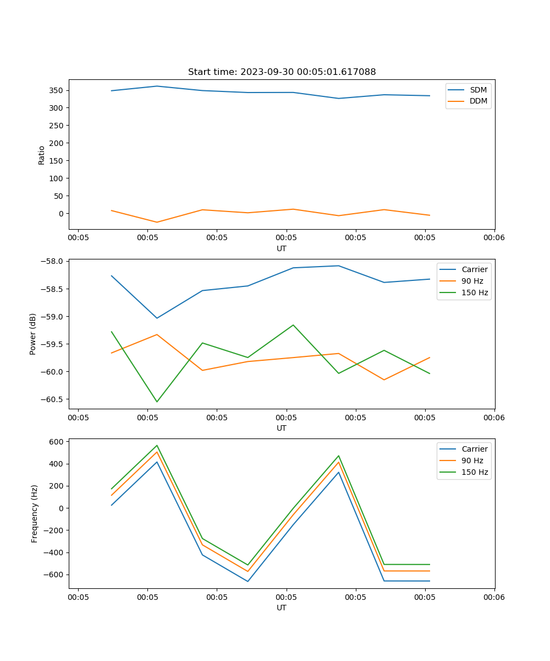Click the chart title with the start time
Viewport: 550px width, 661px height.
click(x=282, y=72)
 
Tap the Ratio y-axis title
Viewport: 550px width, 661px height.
click(x=42, y=155)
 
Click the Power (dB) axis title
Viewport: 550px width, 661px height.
click(x=33, y=334)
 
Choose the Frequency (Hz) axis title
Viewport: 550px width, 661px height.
click(x=35, y=513)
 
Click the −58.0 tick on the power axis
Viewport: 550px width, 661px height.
click(x=53, y=261)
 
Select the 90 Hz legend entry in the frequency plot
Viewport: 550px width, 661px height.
click(x=472, y=460)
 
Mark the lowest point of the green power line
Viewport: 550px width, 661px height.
click(x=157, y=402)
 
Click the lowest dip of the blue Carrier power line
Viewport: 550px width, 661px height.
click(x=157, y=318)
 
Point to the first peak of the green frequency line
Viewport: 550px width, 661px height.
click(x=157, y=445)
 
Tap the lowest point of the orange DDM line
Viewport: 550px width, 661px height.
click(x=157, y=222)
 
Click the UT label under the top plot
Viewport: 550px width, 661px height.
click(x=282, y=248)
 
